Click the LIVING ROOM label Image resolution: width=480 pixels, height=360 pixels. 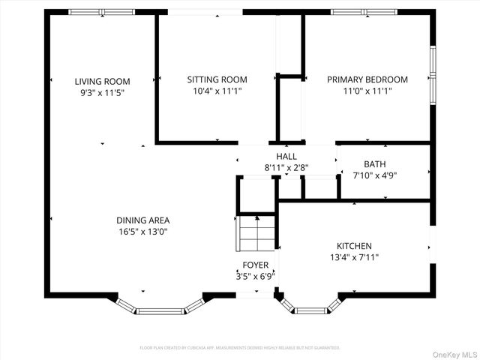click(x=102, y=81)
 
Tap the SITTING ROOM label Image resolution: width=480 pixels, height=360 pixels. click(x=217, y=79)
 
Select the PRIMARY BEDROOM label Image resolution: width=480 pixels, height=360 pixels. click(x=367, y=79)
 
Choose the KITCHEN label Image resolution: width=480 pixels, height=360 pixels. click(x=353, y=246)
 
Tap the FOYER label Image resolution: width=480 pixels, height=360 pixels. click(x=255, y=265)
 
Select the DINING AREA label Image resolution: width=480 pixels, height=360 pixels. click(x=142, y=220)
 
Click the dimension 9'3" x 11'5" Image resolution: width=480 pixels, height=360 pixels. click(x=102, y=92)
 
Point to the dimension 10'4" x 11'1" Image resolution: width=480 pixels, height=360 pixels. click(x=217, y=91)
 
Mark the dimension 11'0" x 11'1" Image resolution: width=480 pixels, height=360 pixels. click(x=367, y=91)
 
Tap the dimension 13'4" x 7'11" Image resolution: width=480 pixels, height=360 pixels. click(x=353, y=257)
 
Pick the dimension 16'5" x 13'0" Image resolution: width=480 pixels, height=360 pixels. click(x=142, y=232)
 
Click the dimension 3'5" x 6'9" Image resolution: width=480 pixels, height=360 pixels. click(x=255, y=276)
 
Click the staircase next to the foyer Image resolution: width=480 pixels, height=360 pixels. click(x=256, y=233)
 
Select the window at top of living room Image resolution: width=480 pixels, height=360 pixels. click(x=102, y=12)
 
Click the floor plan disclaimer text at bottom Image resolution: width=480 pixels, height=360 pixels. click(x=240, y=348)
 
